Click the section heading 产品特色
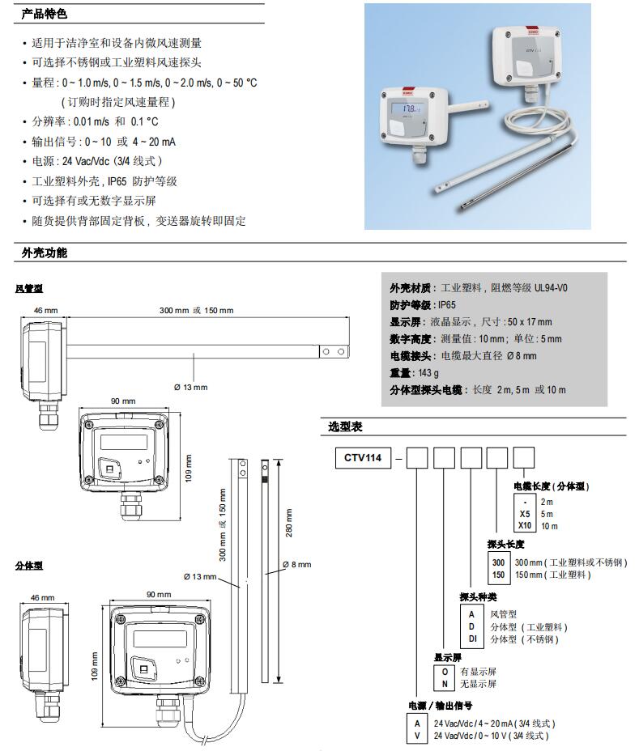(45, 15)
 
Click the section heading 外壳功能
(45, 253)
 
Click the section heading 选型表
(344, 426)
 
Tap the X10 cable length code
(524, 526)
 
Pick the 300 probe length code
(498, 562)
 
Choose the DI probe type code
(471, 639)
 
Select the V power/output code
(418, 736)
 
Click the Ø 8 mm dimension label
(296, 565)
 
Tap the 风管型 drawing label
(30, 288)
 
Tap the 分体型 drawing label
(30, 566)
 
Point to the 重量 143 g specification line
(415, 373)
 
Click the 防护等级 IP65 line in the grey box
(423, 305)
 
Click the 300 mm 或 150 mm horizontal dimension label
(196, 311)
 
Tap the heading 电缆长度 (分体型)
(552, 486)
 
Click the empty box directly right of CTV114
(416, 458)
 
